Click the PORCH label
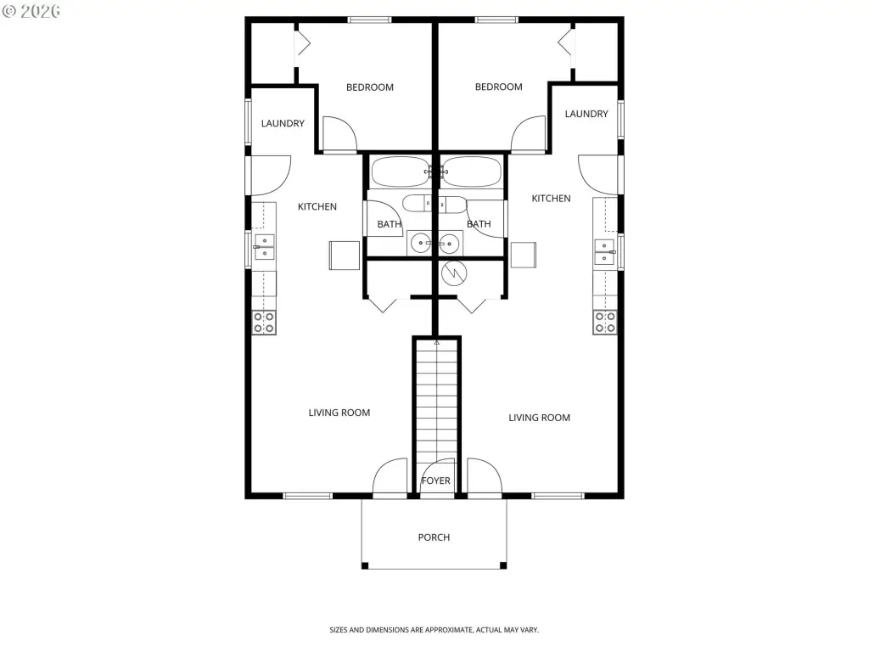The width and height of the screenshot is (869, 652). pos(434,537)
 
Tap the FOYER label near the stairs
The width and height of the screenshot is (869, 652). pos(435,481)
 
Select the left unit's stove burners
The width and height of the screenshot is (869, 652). pos(264,323)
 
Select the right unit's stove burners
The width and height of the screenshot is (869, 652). pos(605,323)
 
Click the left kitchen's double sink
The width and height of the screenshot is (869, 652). pos(265,247)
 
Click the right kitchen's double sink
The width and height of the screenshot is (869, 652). pos(604,251)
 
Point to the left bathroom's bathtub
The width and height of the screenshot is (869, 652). pos(401,171)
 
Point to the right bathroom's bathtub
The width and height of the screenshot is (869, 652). pos(472,171)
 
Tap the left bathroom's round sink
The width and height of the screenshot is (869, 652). pos(421,244)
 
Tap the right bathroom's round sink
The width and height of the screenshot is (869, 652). pos(449,244)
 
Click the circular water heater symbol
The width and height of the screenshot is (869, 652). pos(454,273)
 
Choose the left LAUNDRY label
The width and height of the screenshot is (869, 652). pos(283,123)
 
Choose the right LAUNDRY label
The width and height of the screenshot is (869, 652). pos(586,114)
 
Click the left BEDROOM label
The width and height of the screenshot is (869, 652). pos(370,87)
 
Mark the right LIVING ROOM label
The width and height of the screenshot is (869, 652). pos(539,418)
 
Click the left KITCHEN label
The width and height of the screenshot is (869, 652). pos(317,207)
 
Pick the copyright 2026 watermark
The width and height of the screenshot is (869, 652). pos(31,11)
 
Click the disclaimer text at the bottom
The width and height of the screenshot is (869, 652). pos(434,630)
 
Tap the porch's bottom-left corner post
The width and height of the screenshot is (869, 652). pos(365,565)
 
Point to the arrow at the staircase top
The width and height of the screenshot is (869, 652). pos(437,343)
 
